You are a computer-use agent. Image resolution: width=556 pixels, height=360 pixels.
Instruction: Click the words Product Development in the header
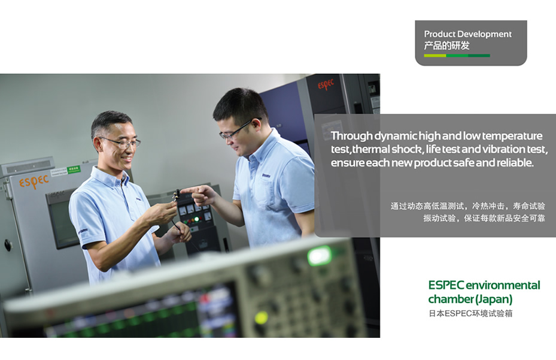(x=467, y=34)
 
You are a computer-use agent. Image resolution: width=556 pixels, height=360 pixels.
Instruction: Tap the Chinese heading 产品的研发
(x=447, y=46)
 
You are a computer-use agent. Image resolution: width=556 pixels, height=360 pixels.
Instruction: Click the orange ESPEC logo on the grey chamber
(x=34, y=181)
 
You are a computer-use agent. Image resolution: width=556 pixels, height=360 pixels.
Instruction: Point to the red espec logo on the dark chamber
(x=326, y=84)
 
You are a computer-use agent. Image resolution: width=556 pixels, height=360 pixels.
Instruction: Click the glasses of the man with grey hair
(x=121, y=143)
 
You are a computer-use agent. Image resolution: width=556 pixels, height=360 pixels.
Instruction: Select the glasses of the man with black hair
(x=237, y=129)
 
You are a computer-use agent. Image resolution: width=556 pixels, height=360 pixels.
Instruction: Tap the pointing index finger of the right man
(x=190, y=190)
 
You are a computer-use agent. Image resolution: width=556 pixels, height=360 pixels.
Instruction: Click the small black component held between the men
(x=176, y=195)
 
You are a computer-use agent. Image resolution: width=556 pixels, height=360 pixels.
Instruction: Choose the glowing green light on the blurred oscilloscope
(x=319, y=256)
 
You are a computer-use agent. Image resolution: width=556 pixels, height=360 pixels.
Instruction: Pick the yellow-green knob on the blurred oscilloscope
(x=261, y=317)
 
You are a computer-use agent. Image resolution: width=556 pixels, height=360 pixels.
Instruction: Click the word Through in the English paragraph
(x=352, y=136)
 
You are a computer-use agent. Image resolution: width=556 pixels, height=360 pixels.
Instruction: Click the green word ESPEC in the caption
(x=446, y=285)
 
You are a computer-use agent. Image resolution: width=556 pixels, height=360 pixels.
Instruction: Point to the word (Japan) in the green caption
(x=494, y=300)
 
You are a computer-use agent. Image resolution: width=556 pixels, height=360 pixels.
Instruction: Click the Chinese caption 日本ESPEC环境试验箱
(x=470, y=313)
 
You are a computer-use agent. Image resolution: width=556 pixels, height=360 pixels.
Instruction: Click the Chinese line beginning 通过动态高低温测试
(x=467, y=206)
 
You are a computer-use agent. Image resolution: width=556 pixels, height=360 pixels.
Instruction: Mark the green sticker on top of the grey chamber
(x=74, y=170)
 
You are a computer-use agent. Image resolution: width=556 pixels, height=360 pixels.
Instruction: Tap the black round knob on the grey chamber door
(x=8, y=244)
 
